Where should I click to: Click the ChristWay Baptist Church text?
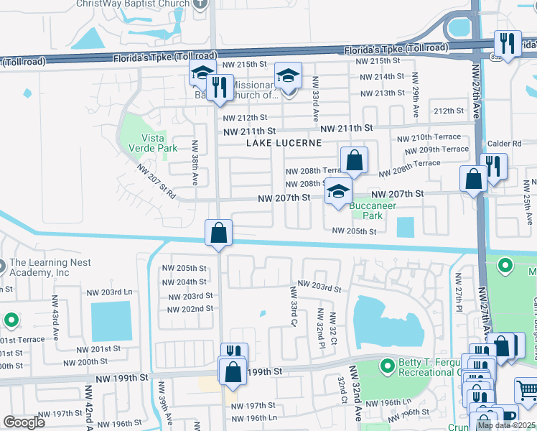coord(134,4)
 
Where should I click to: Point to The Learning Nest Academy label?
coord(50,267)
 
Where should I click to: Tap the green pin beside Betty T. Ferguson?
coord(388,367)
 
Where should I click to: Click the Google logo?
coord(24,422)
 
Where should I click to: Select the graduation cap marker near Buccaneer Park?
coord(338,192)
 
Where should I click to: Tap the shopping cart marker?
coord(527,390)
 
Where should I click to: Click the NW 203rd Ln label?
coord(110,292)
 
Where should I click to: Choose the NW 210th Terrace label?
coord(431,137)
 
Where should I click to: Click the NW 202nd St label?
coord(190,309)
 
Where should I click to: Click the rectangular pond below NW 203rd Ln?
coord(111,321)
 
